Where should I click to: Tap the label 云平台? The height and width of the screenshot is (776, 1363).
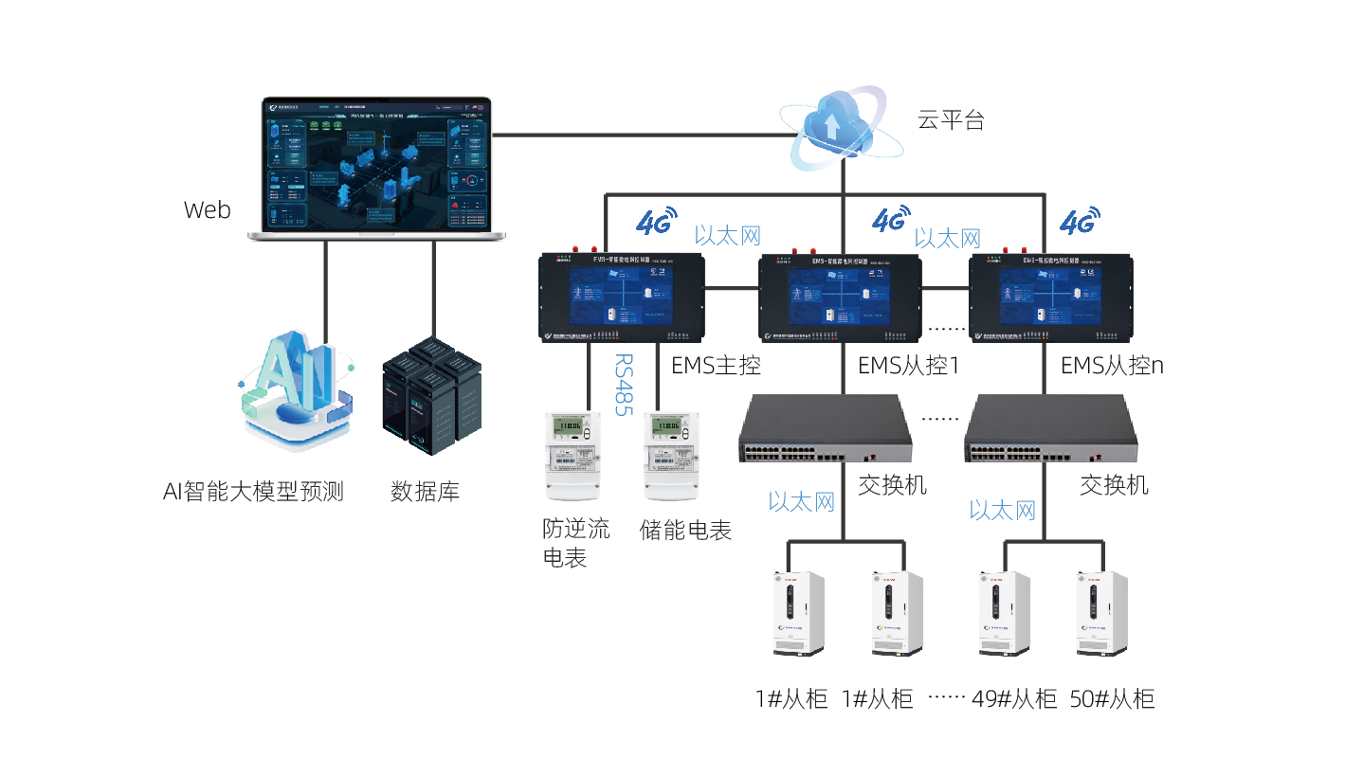tap(951, 119)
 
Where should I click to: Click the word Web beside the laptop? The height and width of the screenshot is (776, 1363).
tap(207, 209)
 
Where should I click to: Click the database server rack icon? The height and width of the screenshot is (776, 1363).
tap(430, 390)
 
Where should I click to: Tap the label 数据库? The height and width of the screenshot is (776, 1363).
tap(425, 492)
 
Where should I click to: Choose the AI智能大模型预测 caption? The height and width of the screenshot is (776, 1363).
tap(253, 492)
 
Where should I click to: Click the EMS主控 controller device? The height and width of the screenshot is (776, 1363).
tap(622, 297)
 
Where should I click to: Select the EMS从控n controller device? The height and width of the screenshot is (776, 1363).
tap(1050, 297)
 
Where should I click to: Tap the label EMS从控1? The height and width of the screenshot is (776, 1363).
tap(908, 365)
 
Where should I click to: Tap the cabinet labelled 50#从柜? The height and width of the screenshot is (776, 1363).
tap(1101, 613)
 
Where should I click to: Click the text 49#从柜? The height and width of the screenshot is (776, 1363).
tap(1014, 700)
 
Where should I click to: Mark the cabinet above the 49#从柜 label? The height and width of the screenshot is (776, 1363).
tap(1004, 613)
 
